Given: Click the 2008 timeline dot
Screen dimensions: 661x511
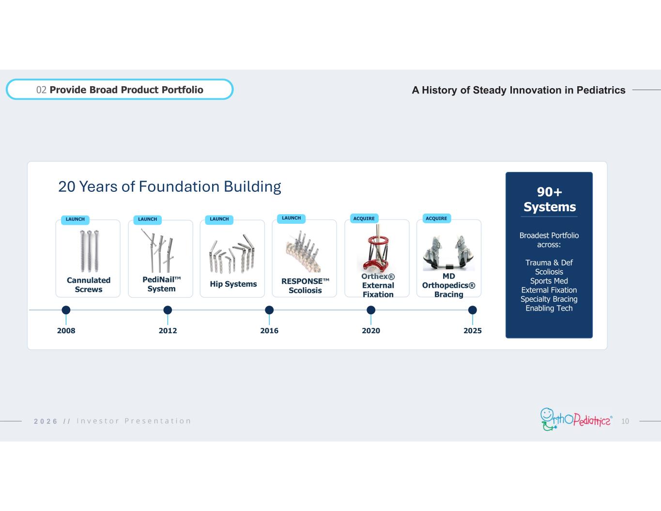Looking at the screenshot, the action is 66,310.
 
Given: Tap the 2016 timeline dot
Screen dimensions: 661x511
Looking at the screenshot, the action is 269,310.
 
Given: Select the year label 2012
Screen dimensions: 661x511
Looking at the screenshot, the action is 168,331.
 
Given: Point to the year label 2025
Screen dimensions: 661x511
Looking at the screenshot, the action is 473,331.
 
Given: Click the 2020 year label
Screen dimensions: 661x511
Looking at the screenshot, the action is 371,331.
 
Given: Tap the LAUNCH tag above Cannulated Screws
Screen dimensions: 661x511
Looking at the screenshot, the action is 75,219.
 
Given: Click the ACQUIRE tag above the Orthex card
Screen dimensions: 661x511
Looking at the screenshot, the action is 364,218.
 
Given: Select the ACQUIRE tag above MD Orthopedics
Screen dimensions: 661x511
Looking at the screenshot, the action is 436,218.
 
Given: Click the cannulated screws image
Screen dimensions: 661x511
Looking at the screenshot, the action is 89,251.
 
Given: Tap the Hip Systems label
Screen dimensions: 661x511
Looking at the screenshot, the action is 233,284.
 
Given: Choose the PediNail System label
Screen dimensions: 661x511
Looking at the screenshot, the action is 162,284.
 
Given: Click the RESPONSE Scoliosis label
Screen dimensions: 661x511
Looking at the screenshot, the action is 305,286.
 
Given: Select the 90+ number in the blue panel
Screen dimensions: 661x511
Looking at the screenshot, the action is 549,192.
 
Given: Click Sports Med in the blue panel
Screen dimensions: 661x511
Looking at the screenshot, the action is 549,281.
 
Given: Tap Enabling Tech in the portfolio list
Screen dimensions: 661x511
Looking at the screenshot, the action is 549,309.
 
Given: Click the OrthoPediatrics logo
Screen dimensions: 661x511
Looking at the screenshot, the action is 576,419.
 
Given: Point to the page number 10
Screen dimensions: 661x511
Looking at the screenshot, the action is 625,421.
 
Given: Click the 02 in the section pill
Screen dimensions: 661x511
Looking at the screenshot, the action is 41,90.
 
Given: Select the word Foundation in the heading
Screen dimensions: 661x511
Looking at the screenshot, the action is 179,187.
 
